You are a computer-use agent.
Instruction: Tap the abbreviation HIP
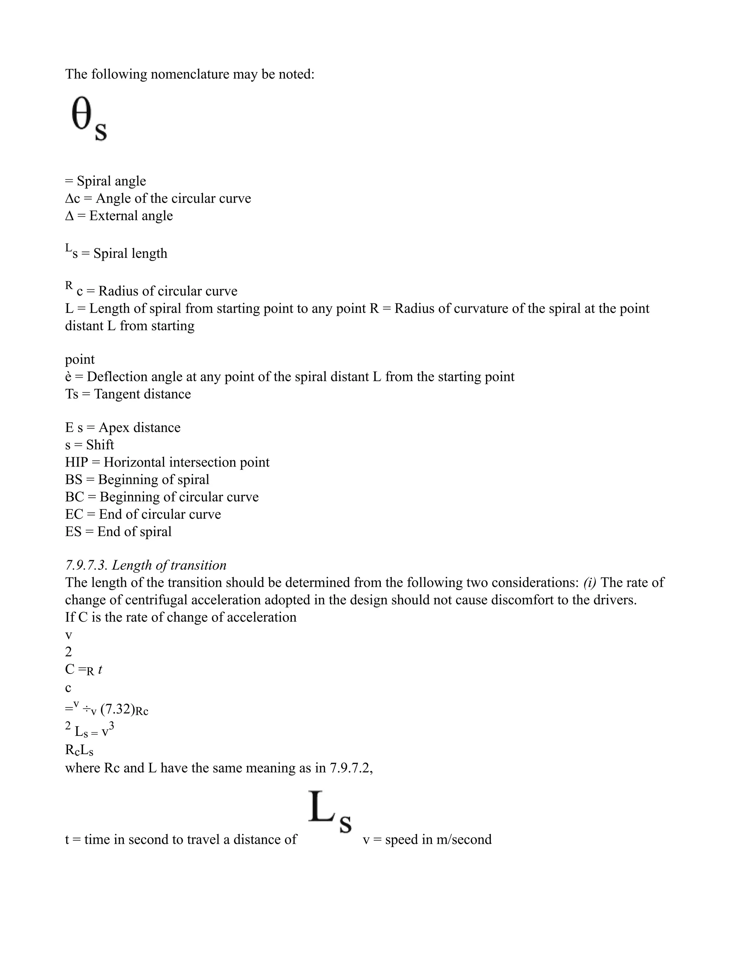(x=76, y=462)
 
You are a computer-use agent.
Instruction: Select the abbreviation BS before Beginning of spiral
(x=73, y=480)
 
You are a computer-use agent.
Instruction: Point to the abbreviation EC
(x=74, y=514)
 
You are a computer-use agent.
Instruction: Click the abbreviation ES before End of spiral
(x=73, y=532)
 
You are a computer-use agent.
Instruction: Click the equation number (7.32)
(x=117, y=709)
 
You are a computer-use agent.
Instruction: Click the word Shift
(x=100, y=445)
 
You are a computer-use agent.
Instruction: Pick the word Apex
(x=115, y=427)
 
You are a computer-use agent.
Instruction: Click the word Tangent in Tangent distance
(x=116, y=394)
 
